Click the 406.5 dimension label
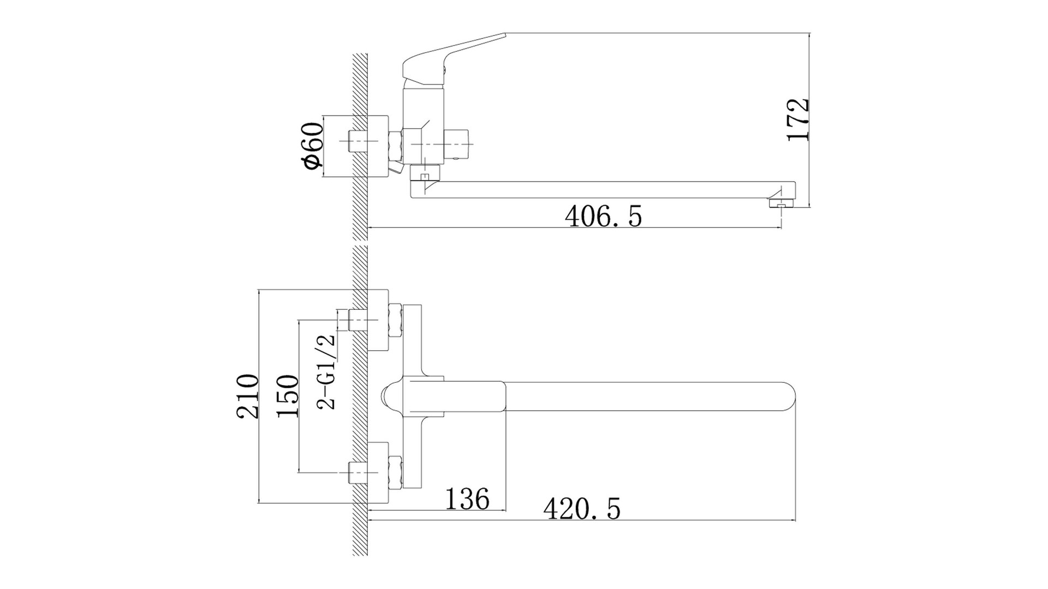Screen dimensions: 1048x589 click(x=603, y=217)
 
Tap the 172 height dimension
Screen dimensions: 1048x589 click(x=798, y=120)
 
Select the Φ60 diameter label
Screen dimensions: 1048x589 click(x=314, y=146)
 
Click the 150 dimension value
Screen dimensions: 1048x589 click(x=288, y=396)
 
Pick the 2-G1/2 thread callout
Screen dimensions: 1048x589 click(x=326, y=371)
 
